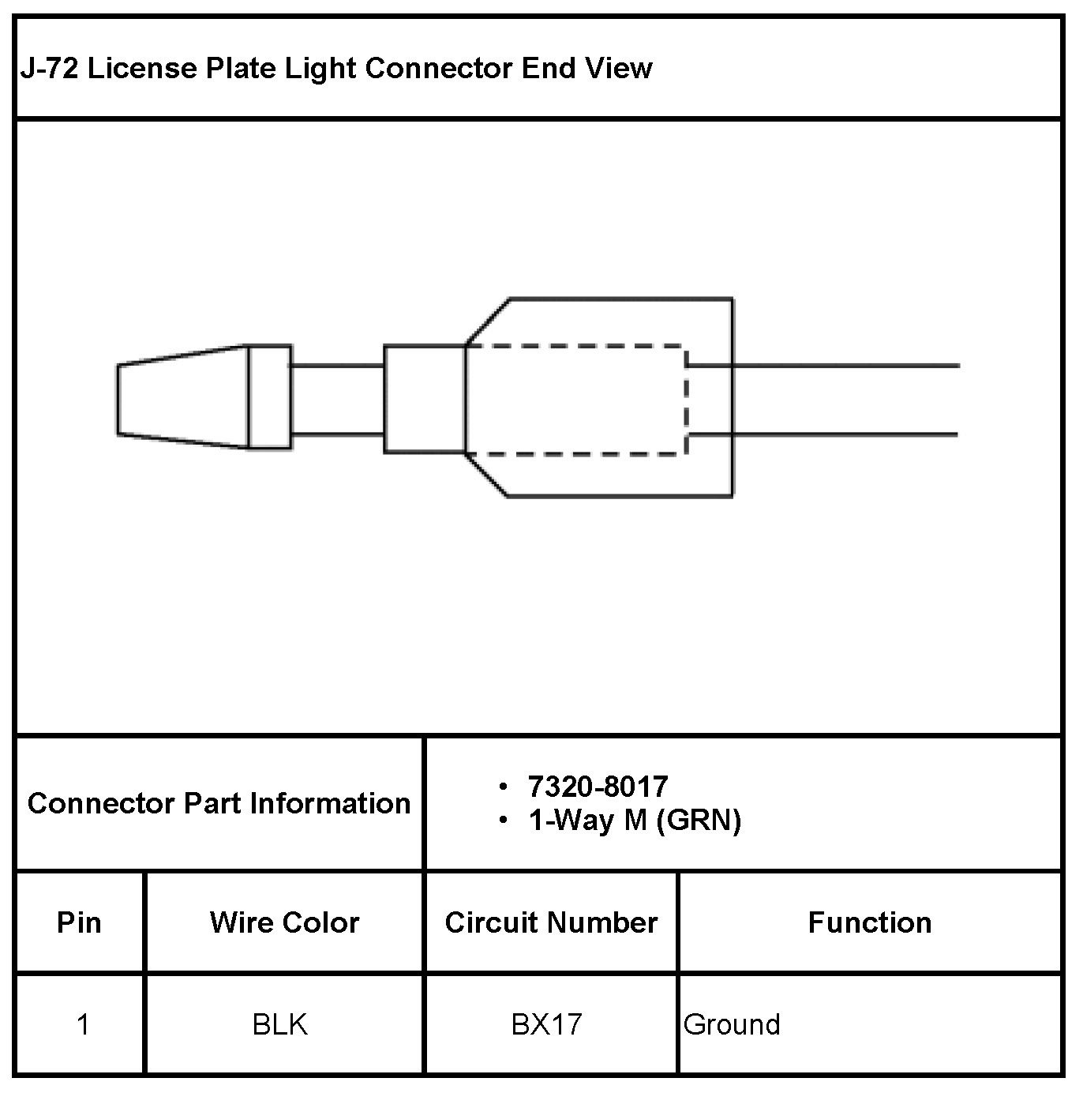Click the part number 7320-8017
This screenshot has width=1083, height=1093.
[x=598, y=787]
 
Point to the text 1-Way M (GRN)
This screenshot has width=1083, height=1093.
[x=635, y=821]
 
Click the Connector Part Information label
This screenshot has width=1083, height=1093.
[x=219, y=804]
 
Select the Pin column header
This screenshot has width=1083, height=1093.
[x=79, y=922]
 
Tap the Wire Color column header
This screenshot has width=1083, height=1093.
[x=284, y=922]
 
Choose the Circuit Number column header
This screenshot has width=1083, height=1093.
[x=551, y=922]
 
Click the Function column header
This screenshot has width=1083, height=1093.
[x=869, y=922]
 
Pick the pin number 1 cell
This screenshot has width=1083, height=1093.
[x=82, y=1025]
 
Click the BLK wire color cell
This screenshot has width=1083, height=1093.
[x=279, y=1025]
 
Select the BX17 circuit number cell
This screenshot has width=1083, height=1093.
[x=546, y=1025]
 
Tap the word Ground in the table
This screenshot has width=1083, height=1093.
[x=731, y=1025]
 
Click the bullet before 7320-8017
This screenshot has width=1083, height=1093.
[x=503, y=787]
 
